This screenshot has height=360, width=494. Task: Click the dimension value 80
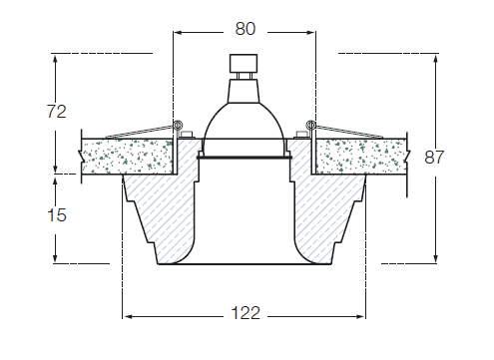(246, 29)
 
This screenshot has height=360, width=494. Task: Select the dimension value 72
(57, 111)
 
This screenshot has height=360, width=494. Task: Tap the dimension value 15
(57, 214)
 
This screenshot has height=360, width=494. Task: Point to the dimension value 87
(434, 157)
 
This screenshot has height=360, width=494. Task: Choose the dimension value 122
(246, 313)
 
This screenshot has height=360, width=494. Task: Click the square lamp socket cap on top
(244, 63)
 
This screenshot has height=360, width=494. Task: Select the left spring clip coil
(178, 125)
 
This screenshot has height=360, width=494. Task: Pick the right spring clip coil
(311, 125)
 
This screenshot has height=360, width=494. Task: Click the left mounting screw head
(187, 135)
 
